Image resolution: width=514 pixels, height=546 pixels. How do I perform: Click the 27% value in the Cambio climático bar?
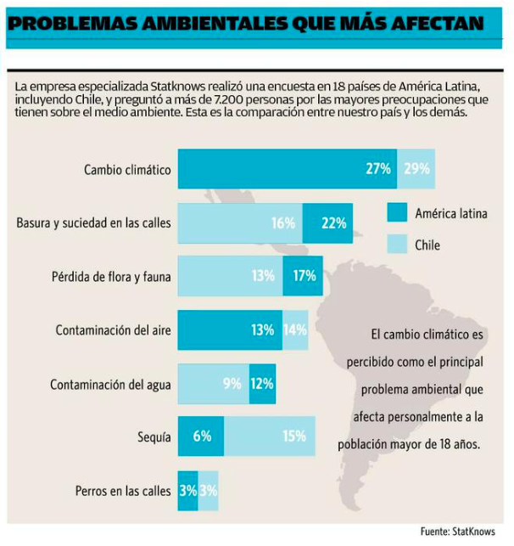(377, 169)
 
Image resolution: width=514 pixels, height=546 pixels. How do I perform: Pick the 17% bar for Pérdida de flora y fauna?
(303, 276)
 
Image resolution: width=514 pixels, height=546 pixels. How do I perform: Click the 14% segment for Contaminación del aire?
(295, 329)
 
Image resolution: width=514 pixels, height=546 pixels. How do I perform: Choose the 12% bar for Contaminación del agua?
(262, 383)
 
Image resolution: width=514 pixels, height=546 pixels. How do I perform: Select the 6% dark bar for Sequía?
(201, 436)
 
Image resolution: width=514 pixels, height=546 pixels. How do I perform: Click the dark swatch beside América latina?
(396, 213)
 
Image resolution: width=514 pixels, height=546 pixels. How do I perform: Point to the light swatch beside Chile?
(396, 245)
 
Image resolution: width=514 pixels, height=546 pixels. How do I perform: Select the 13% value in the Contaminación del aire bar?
(261, 329)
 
